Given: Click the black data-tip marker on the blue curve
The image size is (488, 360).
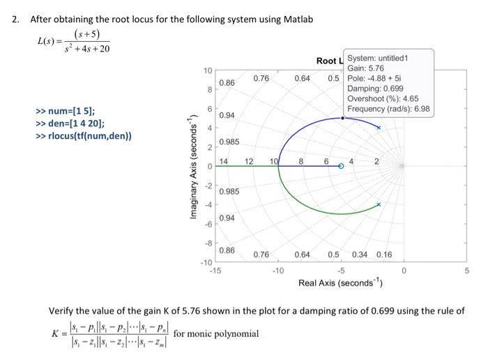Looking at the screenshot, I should click(x=342, y=118).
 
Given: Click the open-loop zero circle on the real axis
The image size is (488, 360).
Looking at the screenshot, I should click(x=341, y=167).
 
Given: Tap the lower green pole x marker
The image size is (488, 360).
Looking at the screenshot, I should click(x=379, y=204).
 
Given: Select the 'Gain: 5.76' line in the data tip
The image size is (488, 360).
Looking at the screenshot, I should click(x=366, y=68).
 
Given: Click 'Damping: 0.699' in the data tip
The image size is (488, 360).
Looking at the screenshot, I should click(x=379, y=89).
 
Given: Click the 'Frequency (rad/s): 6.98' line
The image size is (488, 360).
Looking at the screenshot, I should click(x=388, y=110).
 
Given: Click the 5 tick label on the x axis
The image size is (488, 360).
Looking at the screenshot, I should click(x=467, y=270).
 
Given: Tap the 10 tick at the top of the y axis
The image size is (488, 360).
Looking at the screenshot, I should click(x=207, y=72).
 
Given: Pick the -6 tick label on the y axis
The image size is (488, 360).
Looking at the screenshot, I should click(x=207, y=224).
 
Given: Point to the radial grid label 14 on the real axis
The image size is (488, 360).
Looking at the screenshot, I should click(x=224, y=161).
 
